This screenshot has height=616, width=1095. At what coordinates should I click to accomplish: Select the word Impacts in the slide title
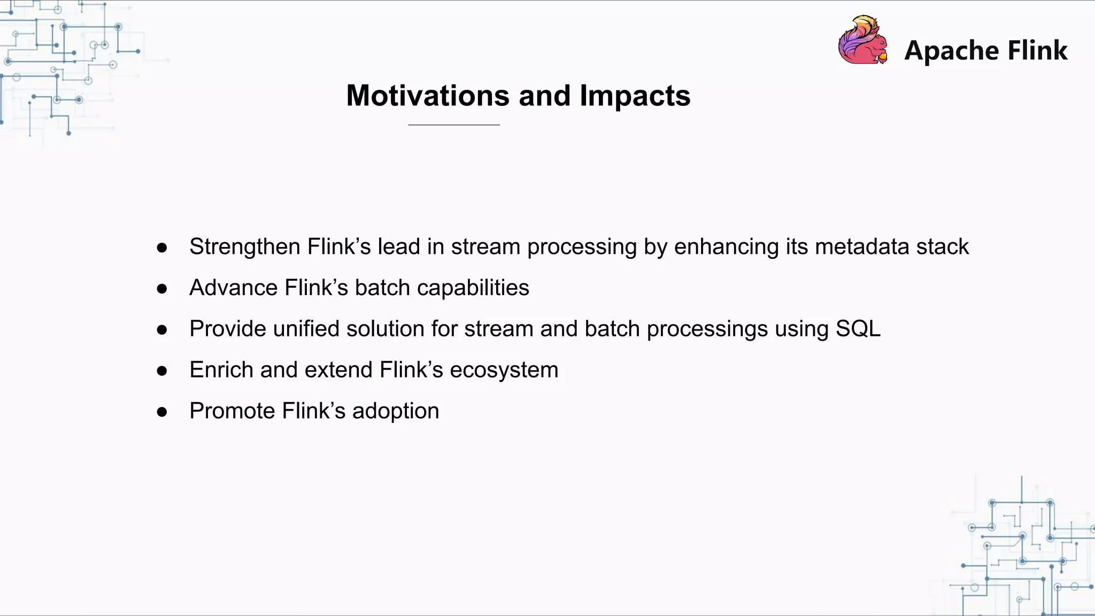pos(635,97)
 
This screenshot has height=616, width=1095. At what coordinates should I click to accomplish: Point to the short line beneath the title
pos(453,125)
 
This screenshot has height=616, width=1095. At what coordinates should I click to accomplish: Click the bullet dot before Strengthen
pos(162,248)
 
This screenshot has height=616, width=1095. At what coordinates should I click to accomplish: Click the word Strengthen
pos(244,247)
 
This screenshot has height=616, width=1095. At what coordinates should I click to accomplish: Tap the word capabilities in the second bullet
pos(473,288)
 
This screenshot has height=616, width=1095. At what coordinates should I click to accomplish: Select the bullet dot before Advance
pos(162,289)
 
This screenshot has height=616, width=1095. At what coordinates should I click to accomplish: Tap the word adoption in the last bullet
pos(395,411)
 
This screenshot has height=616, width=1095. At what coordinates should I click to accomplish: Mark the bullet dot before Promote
pos(162,412)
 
